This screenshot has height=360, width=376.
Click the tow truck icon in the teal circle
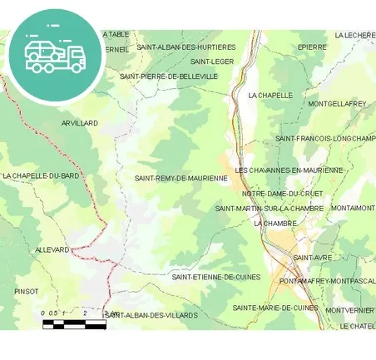coord(54,55)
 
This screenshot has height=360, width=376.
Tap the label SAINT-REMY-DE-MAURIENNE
coord(181,178)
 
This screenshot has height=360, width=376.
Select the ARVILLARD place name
coord(80,123)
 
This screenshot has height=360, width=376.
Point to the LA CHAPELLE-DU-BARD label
coord(41,176)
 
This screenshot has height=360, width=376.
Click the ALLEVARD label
coord(52,249)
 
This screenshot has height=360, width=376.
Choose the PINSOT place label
coord(27,292)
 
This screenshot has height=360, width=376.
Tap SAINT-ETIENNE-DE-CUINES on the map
coord(216,277)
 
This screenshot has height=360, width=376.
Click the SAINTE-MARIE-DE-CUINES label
coord(275,308)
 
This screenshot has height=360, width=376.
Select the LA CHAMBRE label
coord(275,224)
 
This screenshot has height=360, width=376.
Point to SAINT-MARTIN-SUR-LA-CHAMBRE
coord(269,208)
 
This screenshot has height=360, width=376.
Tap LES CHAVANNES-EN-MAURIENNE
coord(289,170)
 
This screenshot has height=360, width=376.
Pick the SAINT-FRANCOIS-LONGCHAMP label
coord(325,138)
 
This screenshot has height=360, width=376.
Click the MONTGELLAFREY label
coord(337,104)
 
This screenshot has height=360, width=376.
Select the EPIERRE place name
coord(312,47)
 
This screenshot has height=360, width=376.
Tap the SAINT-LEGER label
coord(212,62)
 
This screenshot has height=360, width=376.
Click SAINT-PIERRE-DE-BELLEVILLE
coord(169,76)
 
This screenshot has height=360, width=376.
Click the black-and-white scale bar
coord(75,323)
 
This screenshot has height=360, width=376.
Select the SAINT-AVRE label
coord(313,258)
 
